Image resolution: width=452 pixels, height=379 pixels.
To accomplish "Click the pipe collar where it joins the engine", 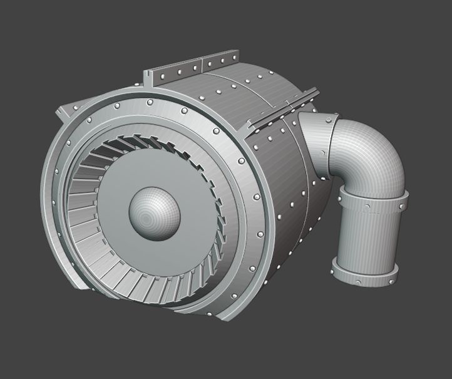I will (313, 140).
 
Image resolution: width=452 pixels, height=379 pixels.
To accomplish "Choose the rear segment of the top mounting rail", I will (220, 61).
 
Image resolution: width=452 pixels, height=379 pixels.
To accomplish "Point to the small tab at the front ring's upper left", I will (62, 113).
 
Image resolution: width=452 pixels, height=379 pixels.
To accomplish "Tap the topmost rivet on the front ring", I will (150, 101).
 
